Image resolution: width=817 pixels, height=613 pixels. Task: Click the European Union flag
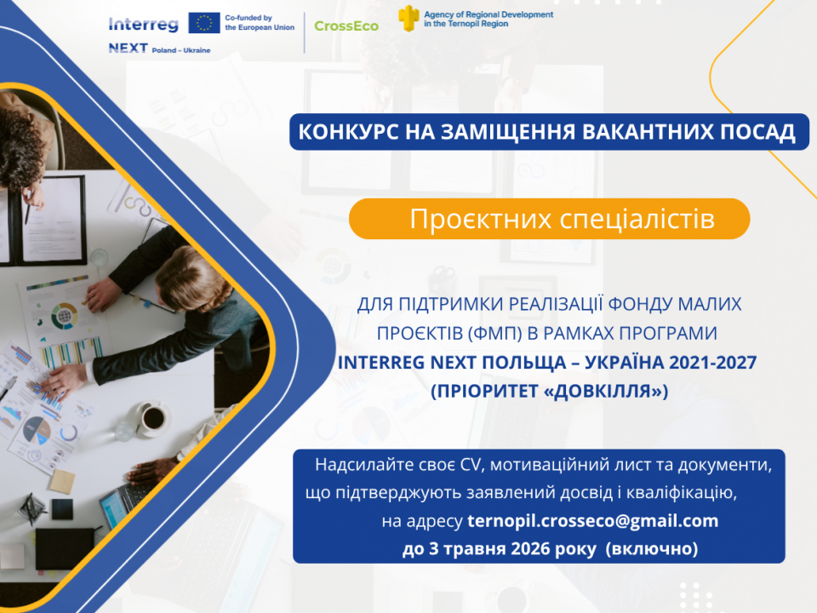[x=203, y=24]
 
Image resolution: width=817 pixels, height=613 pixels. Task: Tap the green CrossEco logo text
[x=346, y=26]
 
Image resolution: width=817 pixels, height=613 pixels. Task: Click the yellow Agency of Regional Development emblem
[x=408, y=18]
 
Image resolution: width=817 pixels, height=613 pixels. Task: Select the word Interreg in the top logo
[x=143, y=24]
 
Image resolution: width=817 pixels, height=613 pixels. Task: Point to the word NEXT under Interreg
[x=129, y=48]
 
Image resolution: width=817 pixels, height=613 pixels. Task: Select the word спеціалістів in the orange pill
[x=637, y=219]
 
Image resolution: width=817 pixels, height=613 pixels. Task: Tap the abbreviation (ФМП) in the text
[x=495, y=333]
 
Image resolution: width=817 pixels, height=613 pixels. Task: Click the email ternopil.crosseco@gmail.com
[x=593, y=521]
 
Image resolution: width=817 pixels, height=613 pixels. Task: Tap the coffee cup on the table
[x=152, y=418]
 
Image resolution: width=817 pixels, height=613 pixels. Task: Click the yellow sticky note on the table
[x=62, y=481]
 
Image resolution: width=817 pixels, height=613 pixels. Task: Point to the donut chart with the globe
[x=65, y=316]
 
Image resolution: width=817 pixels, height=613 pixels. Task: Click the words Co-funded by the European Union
[x=260, y=22]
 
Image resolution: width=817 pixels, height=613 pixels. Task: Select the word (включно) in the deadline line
[x=652, y=548]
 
